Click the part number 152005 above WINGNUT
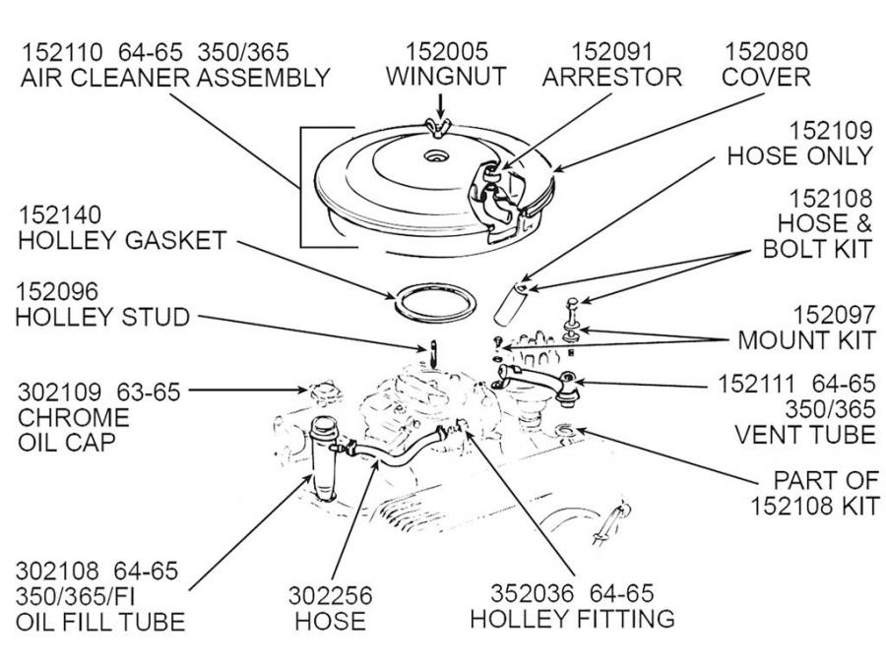(x=446, y=49)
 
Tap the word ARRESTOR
(x=626, y=77)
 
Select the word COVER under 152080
(x=767, y=77)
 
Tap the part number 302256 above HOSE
(x=330, y=595)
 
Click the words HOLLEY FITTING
(x=572, y=619)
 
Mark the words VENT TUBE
(x=804, y=434)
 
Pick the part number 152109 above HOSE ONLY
(x=832, y=130)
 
